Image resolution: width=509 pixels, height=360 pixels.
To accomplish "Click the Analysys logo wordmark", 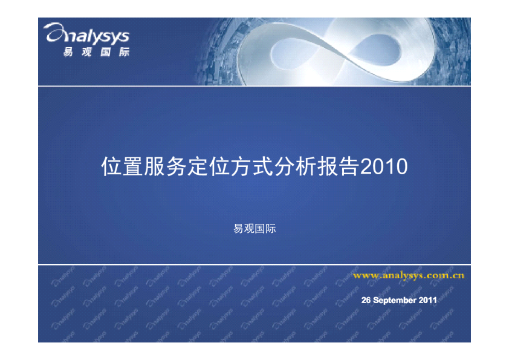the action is [86, 34].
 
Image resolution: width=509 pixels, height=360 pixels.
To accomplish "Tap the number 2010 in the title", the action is [384, 166].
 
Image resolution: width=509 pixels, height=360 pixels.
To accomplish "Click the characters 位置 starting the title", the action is [122, 166].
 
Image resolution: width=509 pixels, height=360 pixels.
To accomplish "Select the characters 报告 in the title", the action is [339, 166].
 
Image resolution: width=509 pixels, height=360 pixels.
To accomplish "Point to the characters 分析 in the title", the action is [296, 166].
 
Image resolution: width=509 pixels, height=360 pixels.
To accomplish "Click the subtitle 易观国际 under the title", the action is [254, 229].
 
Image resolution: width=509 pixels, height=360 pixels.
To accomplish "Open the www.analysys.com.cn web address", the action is [409, 275].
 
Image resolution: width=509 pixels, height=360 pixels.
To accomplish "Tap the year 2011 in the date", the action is [427, 300].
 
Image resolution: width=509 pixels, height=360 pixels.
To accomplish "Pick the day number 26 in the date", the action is [366, 300].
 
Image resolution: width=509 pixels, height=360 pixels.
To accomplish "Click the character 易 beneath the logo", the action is [68, 52].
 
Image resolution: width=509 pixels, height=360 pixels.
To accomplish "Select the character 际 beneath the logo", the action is [125, 52].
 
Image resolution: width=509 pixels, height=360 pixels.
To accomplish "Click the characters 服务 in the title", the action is [166, 166].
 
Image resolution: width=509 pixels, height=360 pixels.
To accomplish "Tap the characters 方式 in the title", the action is [252, 166].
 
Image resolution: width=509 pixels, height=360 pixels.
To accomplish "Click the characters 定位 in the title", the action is [209, 166].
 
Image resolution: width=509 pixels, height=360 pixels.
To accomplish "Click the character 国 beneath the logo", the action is [106, 52].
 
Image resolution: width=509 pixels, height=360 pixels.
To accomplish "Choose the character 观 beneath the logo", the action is [86, 52].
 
